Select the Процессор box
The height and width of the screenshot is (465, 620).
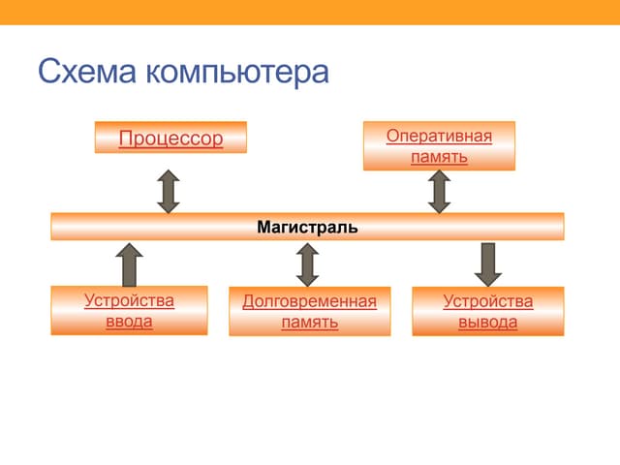(x=170, y=138)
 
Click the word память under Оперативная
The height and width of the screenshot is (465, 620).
(x=439, y=156)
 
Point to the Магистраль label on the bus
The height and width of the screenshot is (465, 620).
(x=307, y=228)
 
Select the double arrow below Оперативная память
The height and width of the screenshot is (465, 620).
(x=440, y=191)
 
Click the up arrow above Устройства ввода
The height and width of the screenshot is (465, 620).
(x=129, y=263)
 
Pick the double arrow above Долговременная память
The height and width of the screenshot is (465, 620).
(x=308, y=263)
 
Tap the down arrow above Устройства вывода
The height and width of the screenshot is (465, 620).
(x=487, y=263)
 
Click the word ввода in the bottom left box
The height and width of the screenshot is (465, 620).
(x=129, y=322)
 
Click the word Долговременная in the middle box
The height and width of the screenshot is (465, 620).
(x=309, y=301)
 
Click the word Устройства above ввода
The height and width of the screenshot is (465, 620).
(x=129, y=300)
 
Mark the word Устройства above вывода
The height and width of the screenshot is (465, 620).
(x=487, y=301)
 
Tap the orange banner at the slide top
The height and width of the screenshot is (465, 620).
(x=310, y=12)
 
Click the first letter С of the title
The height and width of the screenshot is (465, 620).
(x=49, y=72)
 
